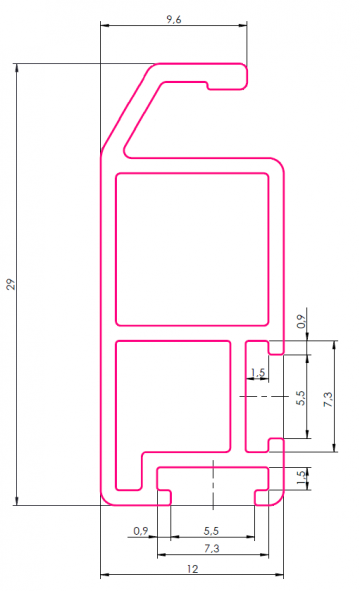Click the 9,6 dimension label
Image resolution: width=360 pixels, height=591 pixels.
172,19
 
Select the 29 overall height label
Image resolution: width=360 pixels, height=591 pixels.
11,285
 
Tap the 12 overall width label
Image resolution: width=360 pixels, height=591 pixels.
192,568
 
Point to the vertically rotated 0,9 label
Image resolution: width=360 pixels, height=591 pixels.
302,321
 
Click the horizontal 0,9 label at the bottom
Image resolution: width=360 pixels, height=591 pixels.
140,530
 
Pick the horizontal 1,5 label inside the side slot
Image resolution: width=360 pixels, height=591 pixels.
258,373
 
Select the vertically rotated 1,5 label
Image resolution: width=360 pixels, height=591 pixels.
302,478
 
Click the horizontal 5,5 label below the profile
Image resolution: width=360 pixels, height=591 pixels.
212,530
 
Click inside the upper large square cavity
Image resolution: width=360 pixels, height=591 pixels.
193,249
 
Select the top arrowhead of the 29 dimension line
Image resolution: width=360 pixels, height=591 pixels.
17,69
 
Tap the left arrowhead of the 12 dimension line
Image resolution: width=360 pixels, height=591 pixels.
104,576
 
